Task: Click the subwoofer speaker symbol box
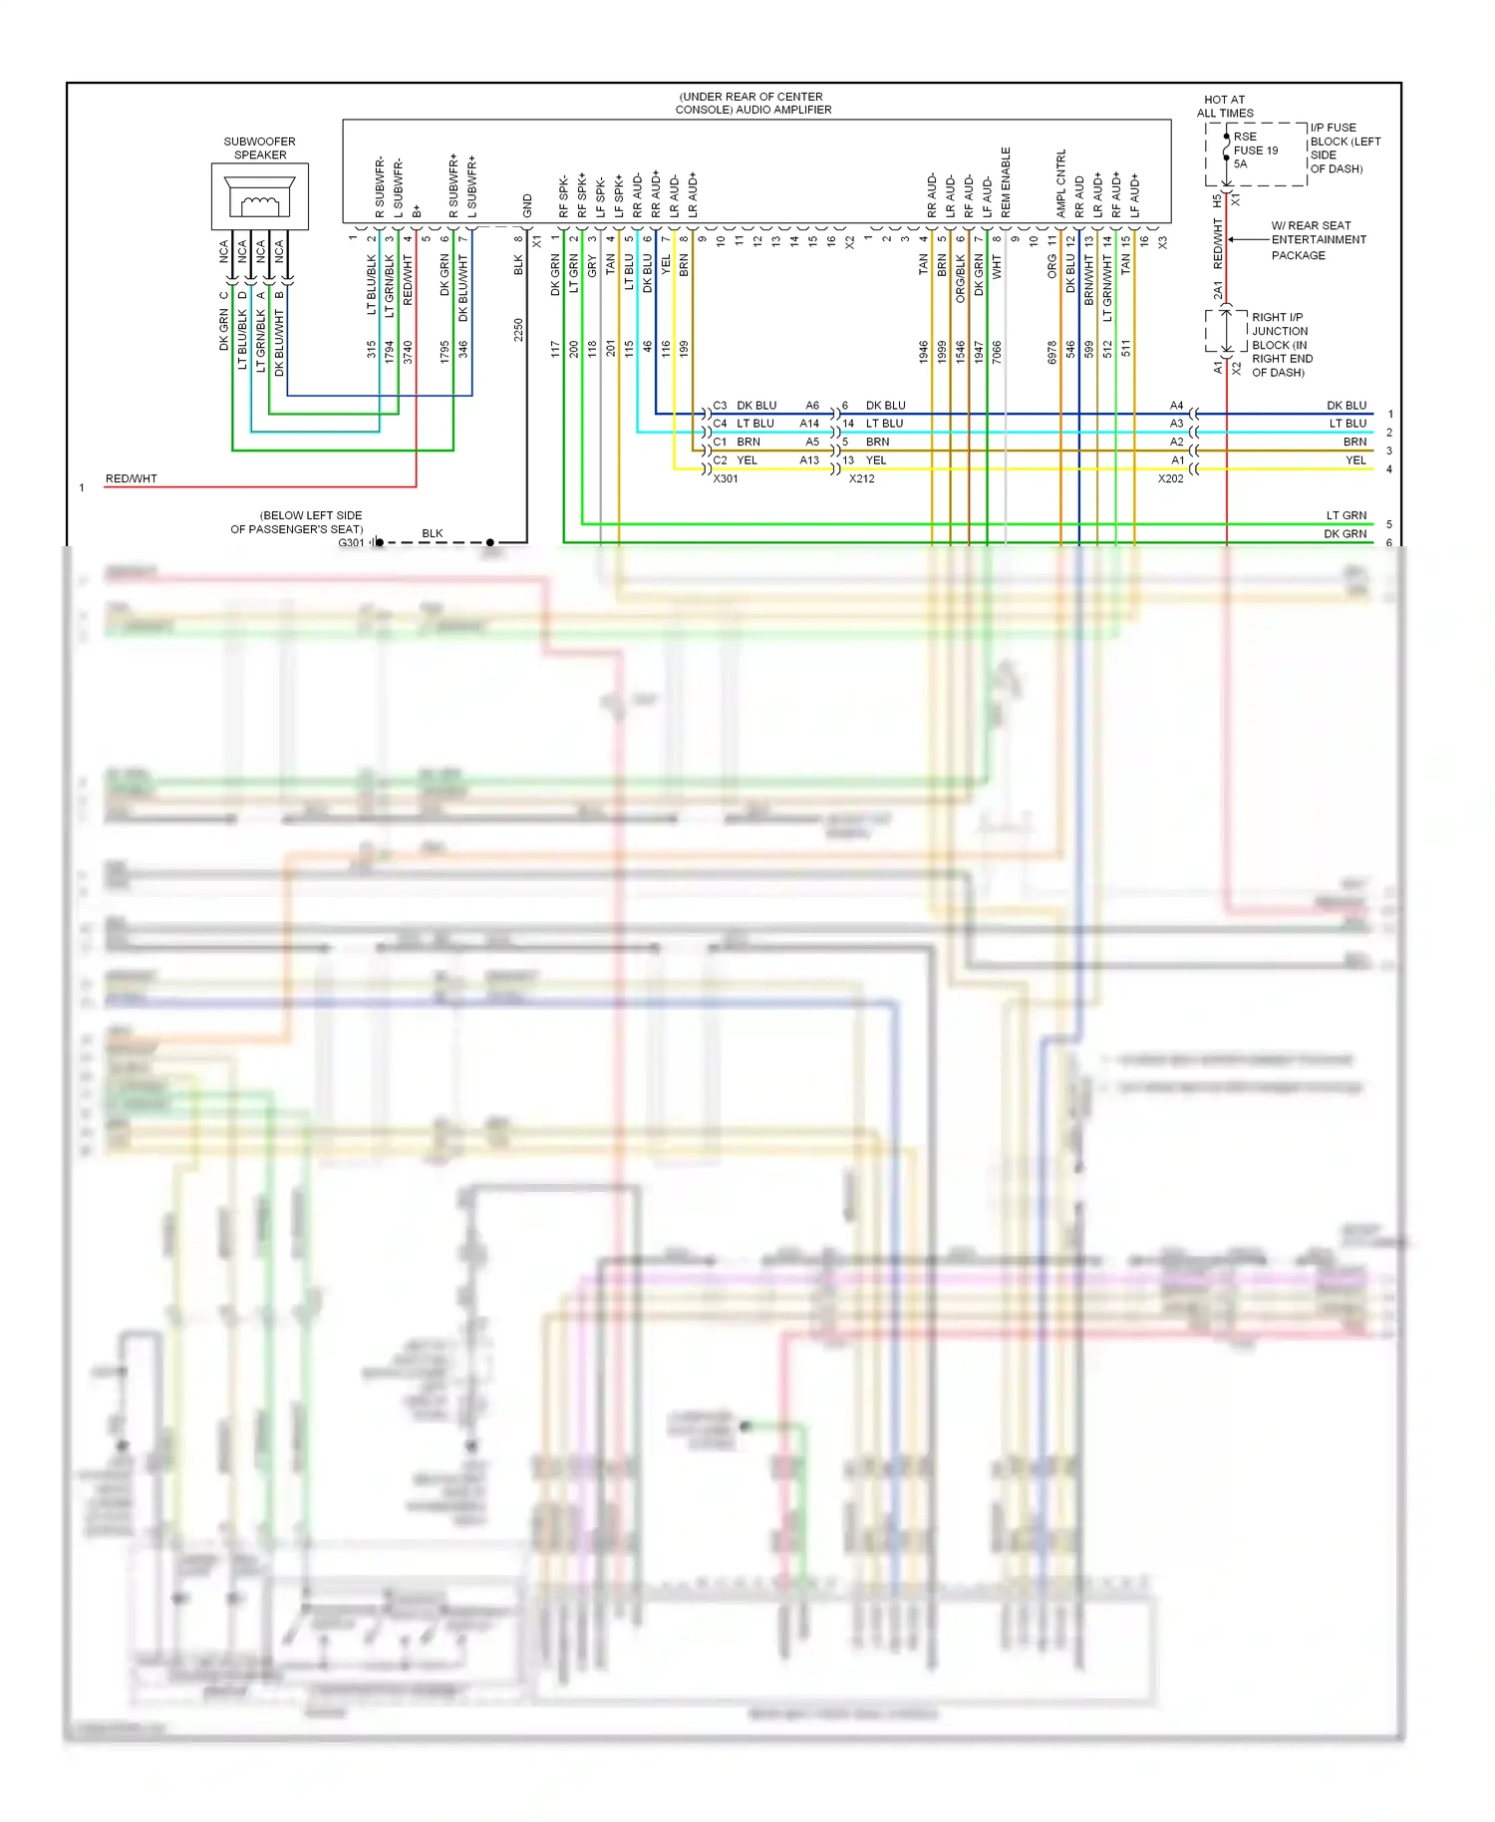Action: pos(259,196)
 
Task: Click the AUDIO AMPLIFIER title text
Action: pos(752,104)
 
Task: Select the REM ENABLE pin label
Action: pos(1006,182)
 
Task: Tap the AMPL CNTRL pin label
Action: pos(1060,183)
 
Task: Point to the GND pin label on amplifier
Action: pos(527,206)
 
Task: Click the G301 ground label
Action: pos(351,543)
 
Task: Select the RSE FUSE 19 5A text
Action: pos(1255,151)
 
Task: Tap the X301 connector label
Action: pos(726,479)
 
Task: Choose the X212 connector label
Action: pos(861,479)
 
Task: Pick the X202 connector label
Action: pos(1170,479)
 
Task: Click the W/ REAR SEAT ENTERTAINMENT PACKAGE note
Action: pos(1318,240)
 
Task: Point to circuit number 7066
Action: pos(997,351)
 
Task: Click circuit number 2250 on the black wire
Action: pos(518,330)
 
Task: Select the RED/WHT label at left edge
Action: pos(132,479)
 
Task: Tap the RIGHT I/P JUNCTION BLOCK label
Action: pos(1282,345)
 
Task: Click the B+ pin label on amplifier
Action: pos(417,211)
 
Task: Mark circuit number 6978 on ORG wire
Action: pos(1051,351)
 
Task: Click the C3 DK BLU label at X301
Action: pos(745,406)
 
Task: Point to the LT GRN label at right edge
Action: pos(1345,516)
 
